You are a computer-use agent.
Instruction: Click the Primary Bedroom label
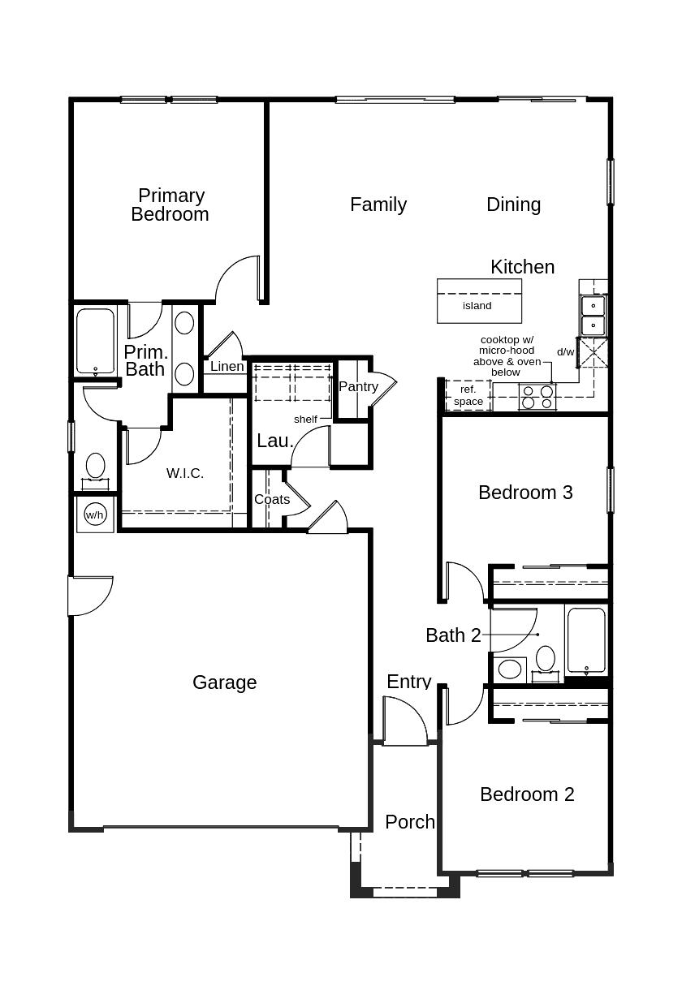pos(170,204)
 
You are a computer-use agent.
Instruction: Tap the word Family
pos(378,204)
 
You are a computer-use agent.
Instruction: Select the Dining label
pos(513,204)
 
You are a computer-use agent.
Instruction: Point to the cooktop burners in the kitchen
pos(537,397)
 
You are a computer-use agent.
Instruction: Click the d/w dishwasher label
pos(565,352)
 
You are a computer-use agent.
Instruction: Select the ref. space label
pos(468,395)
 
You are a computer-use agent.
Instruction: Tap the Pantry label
pos(358,386)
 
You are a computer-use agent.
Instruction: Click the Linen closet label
pos(227,366)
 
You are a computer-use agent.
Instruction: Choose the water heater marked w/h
pos(95,514)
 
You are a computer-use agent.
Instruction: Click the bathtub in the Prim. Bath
pos(96,341)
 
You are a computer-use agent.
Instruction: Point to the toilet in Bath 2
pos(546,659)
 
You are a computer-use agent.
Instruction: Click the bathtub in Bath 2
pos(585,640)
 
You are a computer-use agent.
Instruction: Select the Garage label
pos(224,682)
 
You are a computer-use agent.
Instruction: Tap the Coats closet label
pos(271,499)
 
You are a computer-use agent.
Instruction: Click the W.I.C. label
pos(185,473)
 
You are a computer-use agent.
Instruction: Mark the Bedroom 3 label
pos(525,492)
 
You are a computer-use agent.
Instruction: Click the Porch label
pos(409,821)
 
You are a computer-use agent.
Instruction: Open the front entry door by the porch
pos(405,724)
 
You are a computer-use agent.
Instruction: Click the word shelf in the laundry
pos(305,420)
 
